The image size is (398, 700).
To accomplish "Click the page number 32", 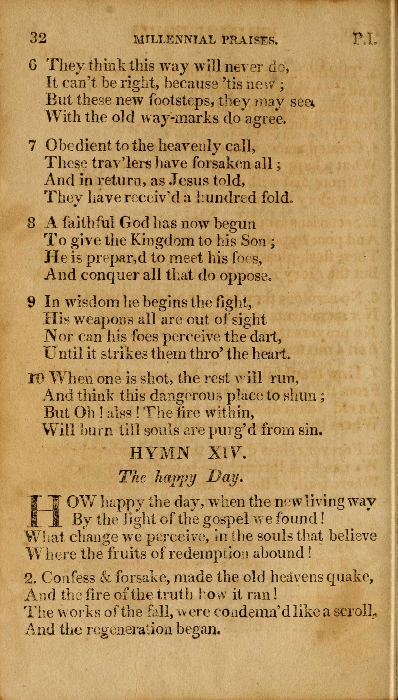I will coord(38,38).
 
